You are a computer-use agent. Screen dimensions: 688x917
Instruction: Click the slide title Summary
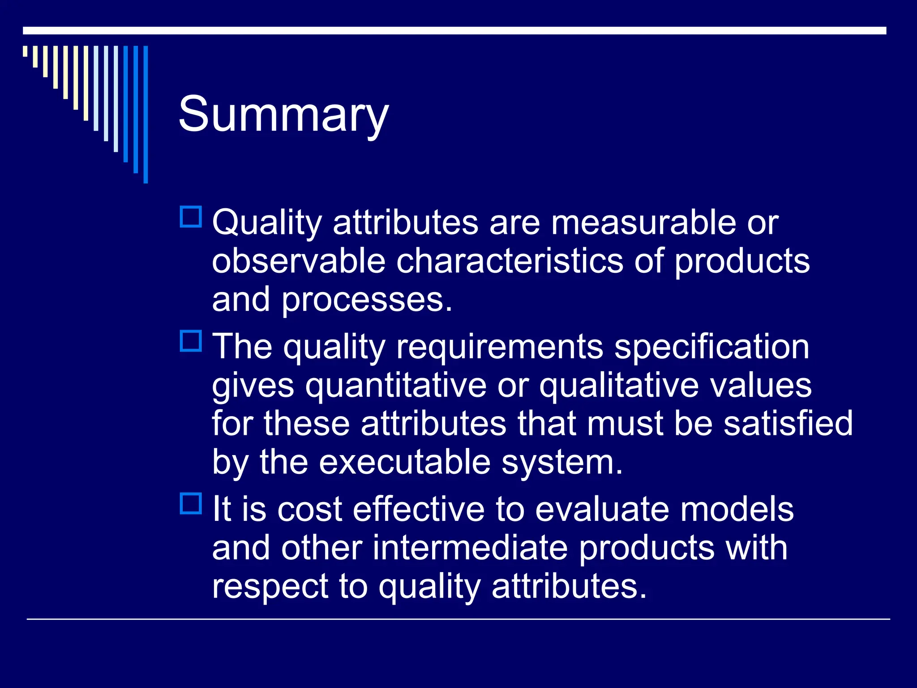283,115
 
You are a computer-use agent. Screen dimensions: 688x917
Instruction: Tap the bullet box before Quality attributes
191,217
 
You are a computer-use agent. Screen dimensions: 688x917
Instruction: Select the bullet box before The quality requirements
191,341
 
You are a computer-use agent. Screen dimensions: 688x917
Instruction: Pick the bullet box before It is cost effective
191,503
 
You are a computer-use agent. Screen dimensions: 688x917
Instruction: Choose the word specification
711,347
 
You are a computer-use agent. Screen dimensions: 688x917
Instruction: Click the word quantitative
396,385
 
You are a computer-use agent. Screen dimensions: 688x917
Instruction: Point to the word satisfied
788,423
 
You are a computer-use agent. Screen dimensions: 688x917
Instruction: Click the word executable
405,462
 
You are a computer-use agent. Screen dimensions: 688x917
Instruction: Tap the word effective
419,509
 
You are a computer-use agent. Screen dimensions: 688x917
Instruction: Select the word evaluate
602,509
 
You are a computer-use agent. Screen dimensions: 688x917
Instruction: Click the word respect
270,587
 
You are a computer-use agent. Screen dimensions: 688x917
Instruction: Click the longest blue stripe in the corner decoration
146,114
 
